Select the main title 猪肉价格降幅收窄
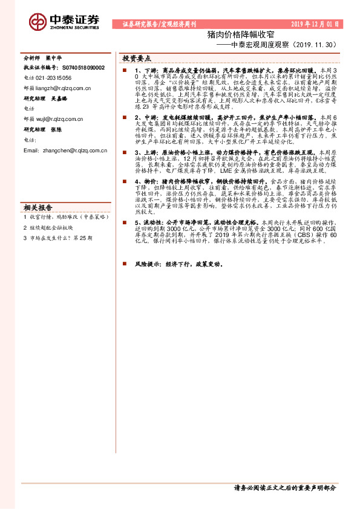tap(229, 34)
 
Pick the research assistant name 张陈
tap(56, 129)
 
